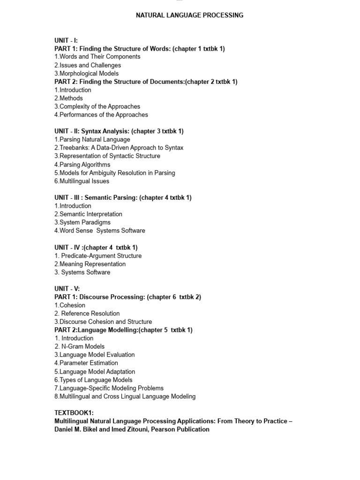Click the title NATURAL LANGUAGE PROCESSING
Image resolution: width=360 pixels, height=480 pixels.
point(189,15)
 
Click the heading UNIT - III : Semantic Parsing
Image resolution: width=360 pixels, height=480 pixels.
point(123,198)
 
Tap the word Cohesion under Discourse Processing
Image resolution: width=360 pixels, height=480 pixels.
point(72,305)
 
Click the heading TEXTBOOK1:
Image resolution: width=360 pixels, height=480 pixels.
point(74,412)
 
